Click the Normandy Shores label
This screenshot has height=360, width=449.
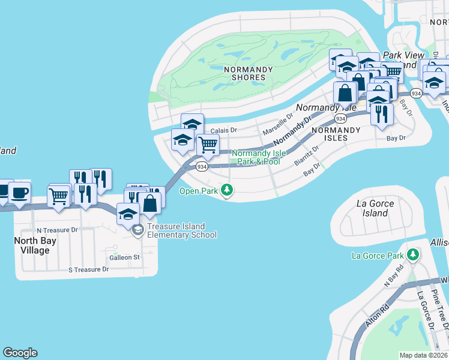point(248,73)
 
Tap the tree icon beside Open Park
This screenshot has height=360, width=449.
point(226,191)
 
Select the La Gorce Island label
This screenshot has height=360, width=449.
point(375,208)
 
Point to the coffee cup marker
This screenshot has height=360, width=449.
point(19,193)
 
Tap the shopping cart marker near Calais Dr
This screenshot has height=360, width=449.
point(208,145)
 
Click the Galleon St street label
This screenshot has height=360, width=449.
point(124,257)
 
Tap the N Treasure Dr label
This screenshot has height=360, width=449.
point(57,230)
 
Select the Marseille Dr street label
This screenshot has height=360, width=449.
point(277,124)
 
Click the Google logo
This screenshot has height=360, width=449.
point(20,353)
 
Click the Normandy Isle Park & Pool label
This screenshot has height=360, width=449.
point(256,157)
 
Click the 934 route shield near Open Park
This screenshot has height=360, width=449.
point(202,166)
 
